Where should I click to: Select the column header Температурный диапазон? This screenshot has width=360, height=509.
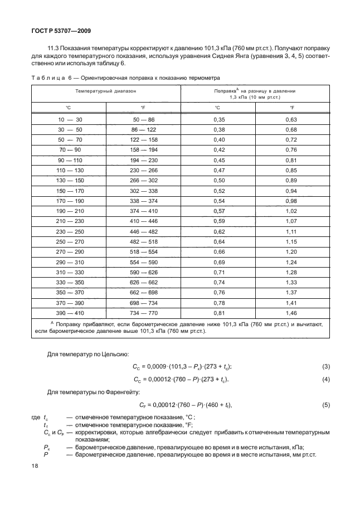(105, 89)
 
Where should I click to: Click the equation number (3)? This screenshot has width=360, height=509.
(327, 366)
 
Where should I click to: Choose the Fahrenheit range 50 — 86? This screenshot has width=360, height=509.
(143, 120)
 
